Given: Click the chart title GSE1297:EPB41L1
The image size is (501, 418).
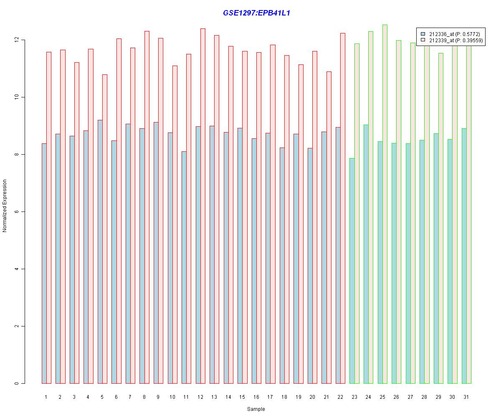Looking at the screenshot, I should [256, 13].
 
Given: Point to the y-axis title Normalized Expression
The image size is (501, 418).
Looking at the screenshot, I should [5, 206].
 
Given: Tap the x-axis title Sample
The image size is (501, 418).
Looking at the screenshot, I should [256, 409].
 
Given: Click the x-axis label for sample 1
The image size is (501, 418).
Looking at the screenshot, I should [46, 397].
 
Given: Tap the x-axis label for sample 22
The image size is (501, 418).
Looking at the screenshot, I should [340, 397].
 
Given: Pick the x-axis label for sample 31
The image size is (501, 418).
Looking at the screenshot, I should [466, 397].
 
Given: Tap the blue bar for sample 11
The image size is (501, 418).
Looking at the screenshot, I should [184, 267].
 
